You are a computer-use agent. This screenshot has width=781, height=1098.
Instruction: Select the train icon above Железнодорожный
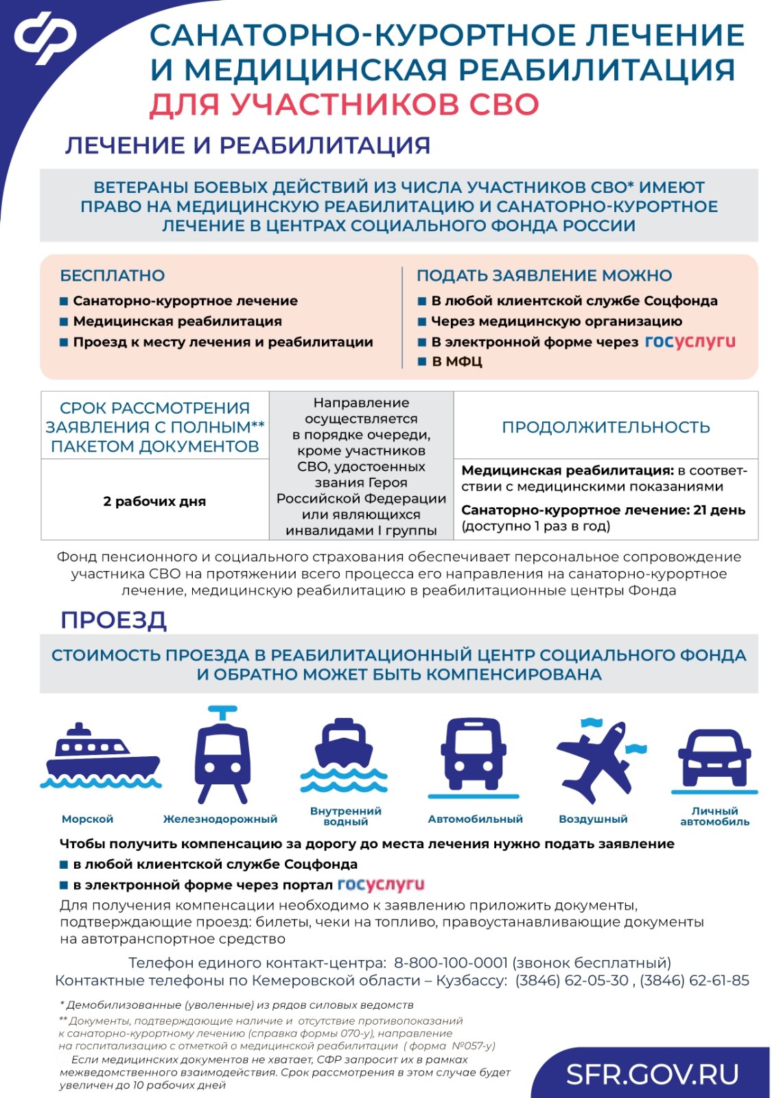221,755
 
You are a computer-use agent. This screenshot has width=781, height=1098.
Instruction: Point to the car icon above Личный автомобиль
714,758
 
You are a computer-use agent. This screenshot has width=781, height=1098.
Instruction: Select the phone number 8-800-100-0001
450,963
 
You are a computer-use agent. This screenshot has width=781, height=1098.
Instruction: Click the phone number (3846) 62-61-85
695,981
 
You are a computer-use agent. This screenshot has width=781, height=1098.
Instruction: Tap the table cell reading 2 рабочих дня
154,502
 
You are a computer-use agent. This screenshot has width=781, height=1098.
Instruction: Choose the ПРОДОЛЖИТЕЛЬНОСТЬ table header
605,427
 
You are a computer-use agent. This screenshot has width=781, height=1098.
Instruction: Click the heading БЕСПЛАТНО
113,276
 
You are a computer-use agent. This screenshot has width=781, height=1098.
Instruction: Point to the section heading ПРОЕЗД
113,620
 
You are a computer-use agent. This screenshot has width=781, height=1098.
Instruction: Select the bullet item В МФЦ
456,362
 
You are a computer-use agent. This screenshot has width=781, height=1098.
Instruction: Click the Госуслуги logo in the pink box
690,342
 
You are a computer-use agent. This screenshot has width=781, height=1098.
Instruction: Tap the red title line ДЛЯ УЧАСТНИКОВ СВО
344,105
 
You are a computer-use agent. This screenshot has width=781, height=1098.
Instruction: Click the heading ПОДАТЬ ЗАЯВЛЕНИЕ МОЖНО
544,276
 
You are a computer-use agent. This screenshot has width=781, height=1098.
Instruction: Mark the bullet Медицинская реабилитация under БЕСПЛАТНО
177,321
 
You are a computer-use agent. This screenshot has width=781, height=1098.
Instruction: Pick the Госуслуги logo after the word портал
381,885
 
